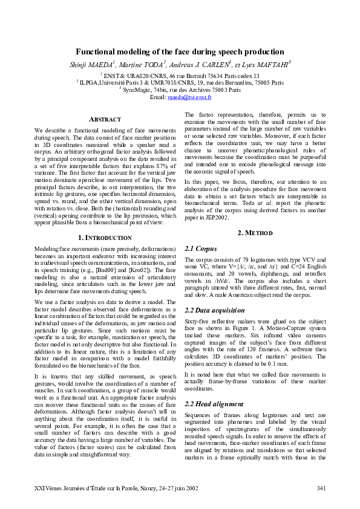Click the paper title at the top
tap(180, 52)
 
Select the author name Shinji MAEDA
tap(93, 63)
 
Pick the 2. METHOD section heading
tap(255, 233)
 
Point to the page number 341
tap(321, 488)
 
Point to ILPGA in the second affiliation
tap(89, 82)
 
